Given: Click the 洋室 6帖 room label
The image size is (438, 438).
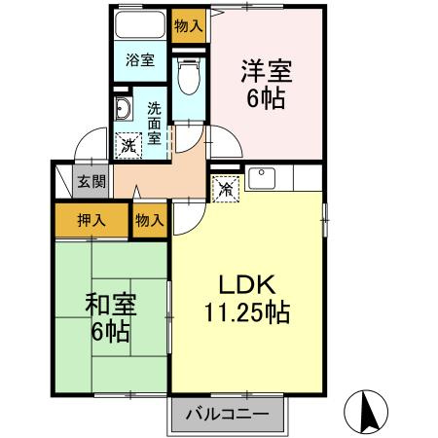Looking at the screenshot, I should click(265, 85).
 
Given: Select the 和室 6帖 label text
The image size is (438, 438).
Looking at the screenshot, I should click(109, 316).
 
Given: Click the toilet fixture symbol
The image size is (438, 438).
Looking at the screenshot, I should click(189, 75).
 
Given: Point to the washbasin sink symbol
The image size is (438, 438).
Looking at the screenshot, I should click(123, 109).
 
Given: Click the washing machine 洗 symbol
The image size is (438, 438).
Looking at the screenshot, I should click(128, 146).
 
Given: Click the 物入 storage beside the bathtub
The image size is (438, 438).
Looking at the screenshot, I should click(189, 26).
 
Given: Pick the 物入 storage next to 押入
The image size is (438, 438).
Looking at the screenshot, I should click(150, 222).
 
